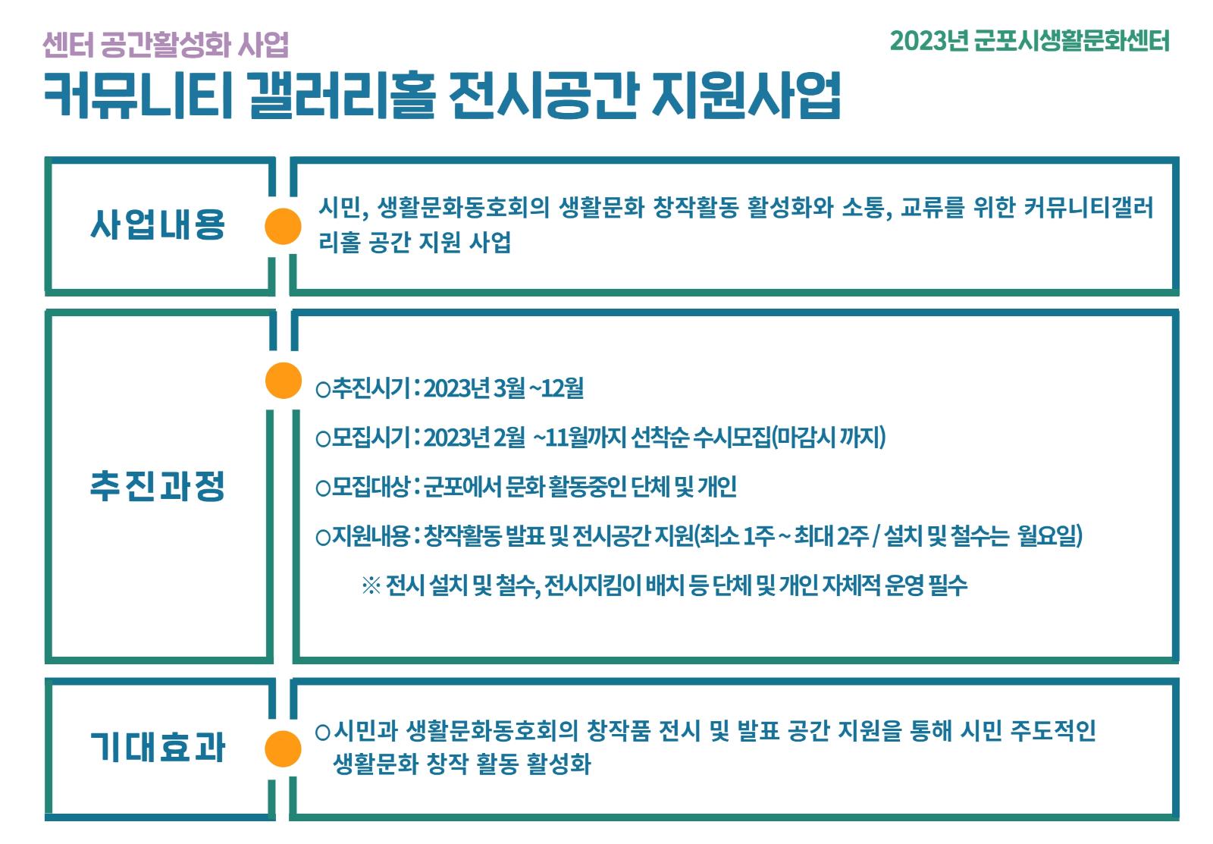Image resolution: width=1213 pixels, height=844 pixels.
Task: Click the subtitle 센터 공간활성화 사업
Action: coord(166,45)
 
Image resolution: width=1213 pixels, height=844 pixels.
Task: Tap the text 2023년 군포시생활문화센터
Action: coord(1030,41)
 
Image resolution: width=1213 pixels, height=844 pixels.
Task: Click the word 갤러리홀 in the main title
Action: coord(341,96)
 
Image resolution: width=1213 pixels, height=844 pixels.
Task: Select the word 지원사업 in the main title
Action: coord(746,96)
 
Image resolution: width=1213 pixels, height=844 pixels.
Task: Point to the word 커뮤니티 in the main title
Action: coord(138,96)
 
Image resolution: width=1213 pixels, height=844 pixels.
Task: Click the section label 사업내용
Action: coord(158,224)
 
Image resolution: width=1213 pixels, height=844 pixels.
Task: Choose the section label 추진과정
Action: coord(158,486)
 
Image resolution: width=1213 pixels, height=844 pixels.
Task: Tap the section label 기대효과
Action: coord(158,747)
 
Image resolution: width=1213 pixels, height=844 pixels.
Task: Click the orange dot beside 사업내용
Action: coord(283,226)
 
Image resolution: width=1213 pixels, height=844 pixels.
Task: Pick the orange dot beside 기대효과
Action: coord(283,748)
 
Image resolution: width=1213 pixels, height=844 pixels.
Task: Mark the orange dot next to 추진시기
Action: coord(284,380)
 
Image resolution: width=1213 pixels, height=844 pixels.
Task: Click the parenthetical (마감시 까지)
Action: coord(829,438)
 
